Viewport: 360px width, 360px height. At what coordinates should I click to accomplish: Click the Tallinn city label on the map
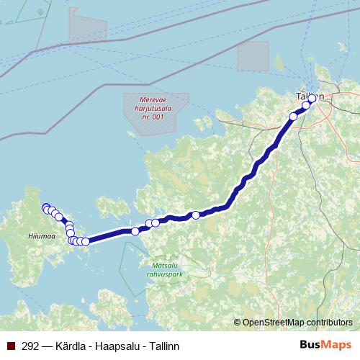tap(309, 96)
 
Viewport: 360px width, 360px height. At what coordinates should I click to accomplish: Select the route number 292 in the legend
tap(31, 346)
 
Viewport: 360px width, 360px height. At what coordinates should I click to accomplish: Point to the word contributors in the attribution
tap(331, 323)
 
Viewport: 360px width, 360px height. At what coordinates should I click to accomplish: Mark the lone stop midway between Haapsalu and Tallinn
tap(195, 215)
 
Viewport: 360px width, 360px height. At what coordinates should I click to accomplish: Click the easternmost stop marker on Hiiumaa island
tap(86, 242)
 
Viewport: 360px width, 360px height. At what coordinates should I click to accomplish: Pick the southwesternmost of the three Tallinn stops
tap(293, 116)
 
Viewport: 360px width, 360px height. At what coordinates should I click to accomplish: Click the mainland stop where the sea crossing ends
tap(135, 231)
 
